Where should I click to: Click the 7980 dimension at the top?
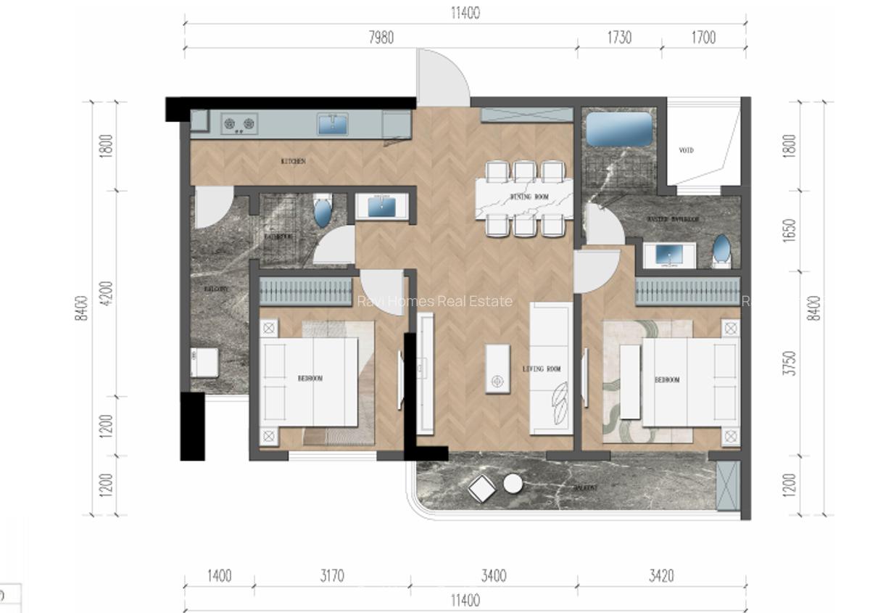(381, 38)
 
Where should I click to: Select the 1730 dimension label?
(619, 38)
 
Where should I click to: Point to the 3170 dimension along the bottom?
(331, 576)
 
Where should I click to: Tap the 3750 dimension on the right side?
(790, 363)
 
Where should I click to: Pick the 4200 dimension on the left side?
(107, 294)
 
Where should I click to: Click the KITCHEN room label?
(293, 161)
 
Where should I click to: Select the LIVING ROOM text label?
(542, 369)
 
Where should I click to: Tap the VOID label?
(686, 151)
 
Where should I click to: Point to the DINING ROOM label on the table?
(529, 197)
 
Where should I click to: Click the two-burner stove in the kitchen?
(240, 124)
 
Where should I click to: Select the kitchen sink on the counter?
(333, 124)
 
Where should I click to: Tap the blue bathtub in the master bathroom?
(618, 129)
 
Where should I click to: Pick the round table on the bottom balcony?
(513, 483)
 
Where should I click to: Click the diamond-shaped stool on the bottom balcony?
(481, 490)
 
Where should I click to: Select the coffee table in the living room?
(497, 370)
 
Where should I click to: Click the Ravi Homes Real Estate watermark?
(435, 301)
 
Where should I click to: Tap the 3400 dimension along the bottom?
(493, 576)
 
